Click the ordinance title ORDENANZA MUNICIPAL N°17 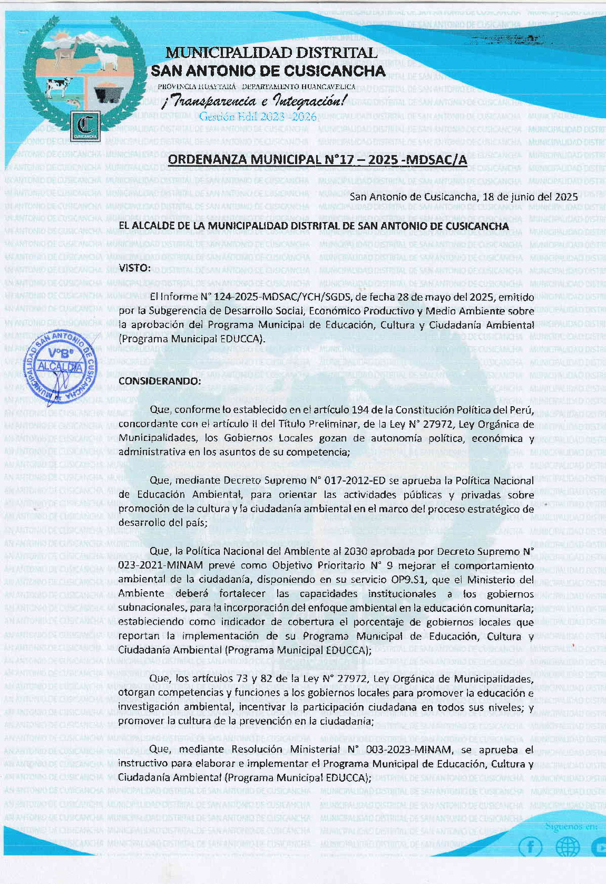pyautogui.click(x=317, y=159)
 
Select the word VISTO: pyautogui.click(x=135, y=268)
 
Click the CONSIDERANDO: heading pyautogui.click(x=160, y=381)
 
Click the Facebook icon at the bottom pyautogui.click(x=530, y=848)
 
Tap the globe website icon pyautogui.click(x=568, y=848)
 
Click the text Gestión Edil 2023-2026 pyautogui.click(x=258, y=117)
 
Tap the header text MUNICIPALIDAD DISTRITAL pyautogui.click(x=271, y=53)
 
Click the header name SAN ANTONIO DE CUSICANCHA pyautogui.click(x=268, y=71)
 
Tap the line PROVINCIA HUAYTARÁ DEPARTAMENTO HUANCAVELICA pyautogui.click(x=256, y=87)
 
